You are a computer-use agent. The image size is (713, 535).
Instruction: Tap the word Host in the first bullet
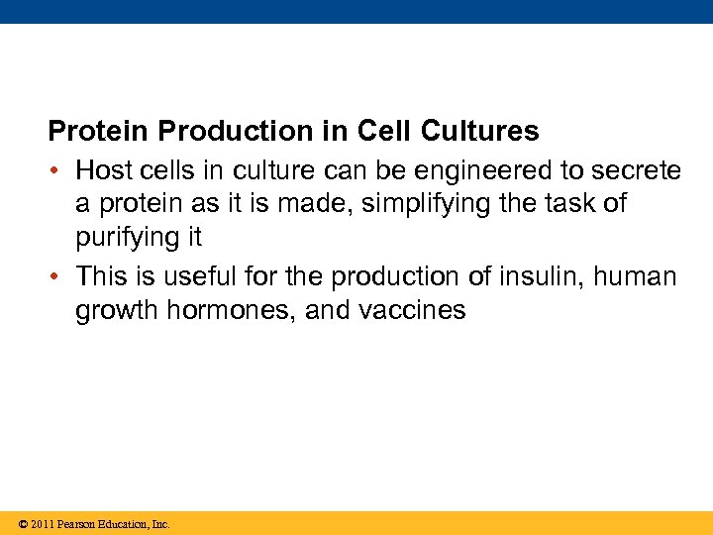pos(103,170)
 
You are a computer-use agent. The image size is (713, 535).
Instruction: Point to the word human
pos(636,275)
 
